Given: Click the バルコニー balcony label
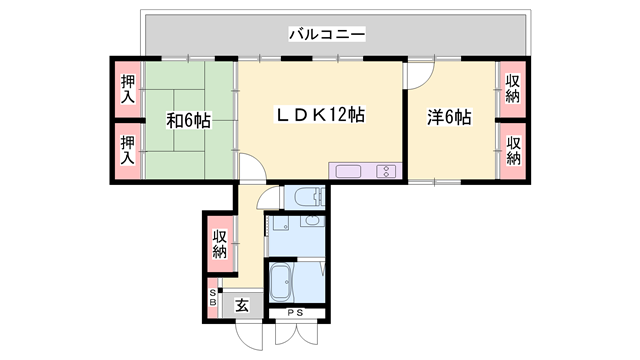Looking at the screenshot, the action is click(327, 34).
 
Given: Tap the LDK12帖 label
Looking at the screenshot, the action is click(320, 115).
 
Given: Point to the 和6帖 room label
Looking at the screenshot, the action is click(189, 120).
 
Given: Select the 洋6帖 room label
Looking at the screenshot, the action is click(449, 117).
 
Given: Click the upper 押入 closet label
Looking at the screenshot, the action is click(128, 89).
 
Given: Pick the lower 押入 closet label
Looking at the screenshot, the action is click(128, 150).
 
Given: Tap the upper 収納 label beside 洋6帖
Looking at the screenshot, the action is click(513, 89).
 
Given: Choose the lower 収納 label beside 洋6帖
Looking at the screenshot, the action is click(513, 151).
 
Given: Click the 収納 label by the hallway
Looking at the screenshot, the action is click(220, 244).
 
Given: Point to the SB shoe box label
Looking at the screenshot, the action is click(213, 298).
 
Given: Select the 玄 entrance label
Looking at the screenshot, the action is click(242, 305).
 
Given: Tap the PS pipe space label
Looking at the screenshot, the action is click(295, 313).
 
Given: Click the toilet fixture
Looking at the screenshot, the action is click(304, 198).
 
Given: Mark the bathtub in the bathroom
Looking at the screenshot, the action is click(280, 282).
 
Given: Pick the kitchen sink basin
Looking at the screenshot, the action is click(348, 171).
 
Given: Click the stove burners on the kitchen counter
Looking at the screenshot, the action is click(386, 171).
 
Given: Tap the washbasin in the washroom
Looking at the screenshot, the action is click(312, 221).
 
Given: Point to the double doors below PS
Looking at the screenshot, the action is click(296, 334).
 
